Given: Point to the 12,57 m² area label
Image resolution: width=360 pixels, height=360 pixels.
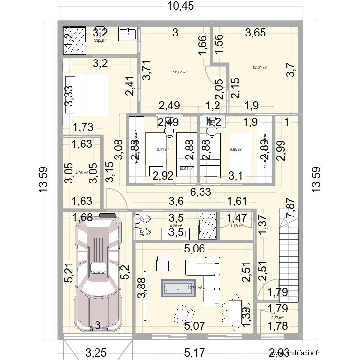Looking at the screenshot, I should [x=180, y=72].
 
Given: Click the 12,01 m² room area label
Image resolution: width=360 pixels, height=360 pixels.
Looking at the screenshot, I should [x=260, y=68].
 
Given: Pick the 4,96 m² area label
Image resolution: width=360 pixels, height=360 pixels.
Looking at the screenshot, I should [x=82, y=173].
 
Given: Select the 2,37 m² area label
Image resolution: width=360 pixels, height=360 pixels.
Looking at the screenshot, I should [x=277, y=317].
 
